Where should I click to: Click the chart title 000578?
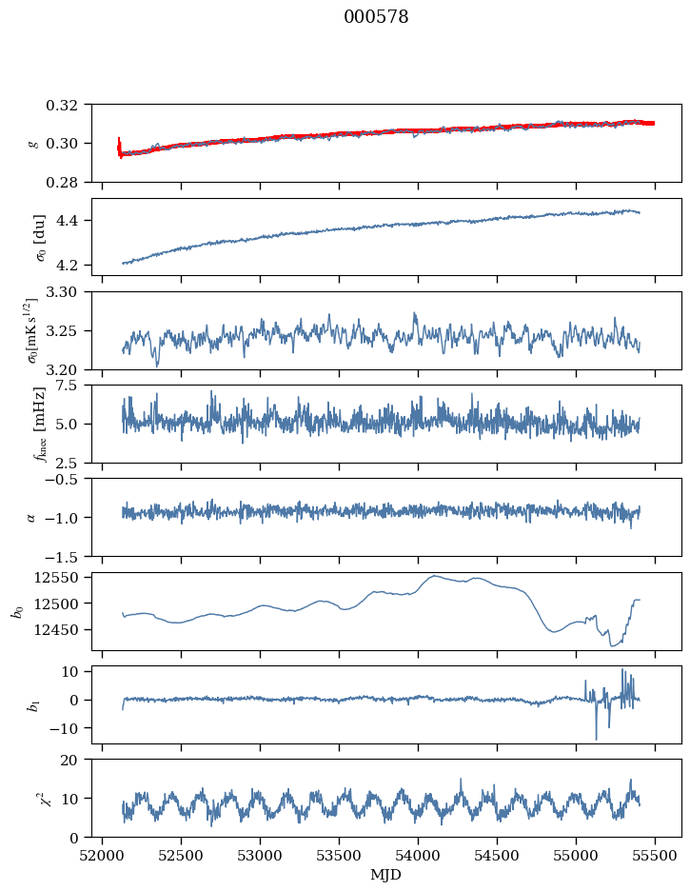click(x=376, y=17)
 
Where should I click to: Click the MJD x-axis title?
click(x=385, y=875)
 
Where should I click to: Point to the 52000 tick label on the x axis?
click(x=102, y=856)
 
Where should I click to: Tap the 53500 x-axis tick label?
click(x=339, y=856)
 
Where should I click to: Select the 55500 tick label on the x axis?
click(x=655, y=856)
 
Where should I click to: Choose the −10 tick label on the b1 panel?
click(x=64, y=728)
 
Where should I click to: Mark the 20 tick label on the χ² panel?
click(x=69, y=761)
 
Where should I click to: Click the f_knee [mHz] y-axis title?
click(x=39, y=424)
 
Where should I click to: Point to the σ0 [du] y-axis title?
click(x=39, y=238)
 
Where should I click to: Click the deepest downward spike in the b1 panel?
click(x=597, y=739)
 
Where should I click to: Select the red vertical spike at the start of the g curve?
click(x=119, y=148)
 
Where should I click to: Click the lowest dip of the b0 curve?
click(x=613, y=645)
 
